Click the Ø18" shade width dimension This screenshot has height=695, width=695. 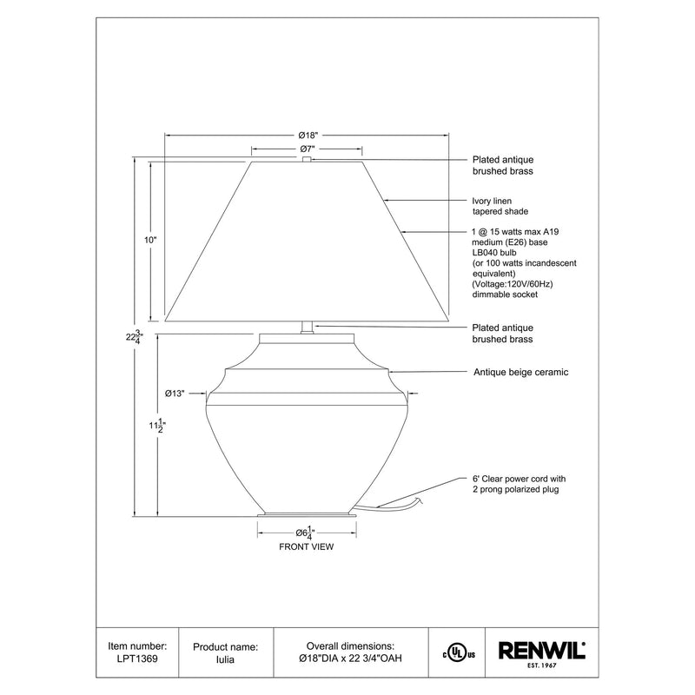tap(308, 136)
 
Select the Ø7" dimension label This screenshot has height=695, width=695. tap(308, 149)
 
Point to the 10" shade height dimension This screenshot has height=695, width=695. tap(150, 241)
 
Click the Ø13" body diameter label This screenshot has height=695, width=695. tap(175, 394)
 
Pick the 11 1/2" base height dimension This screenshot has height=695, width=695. tap(157, 426)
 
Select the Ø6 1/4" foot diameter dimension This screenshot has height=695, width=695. tap(306, 533)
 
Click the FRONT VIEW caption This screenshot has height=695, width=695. tap(307, 547)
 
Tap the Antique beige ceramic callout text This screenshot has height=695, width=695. tap(520, 373)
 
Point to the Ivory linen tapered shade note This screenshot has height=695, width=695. tap(500, 206)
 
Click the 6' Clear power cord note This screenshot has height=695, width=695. tap(519, 484)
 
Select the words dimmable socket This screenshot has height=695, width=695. tap(505, 295)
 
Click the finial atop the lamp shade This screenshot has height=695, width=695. tap(307, 159)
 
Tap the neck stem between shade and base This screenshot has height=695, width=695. tap(308, 328)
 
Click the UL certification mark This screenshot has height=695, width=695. tap(459, 653)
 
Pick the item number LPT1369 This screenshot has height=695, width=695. tap(137, 659)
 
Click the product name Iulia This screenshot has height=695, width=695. tap(225, 659)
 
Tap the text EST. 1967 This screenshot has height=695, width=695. tap(541, 665)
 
